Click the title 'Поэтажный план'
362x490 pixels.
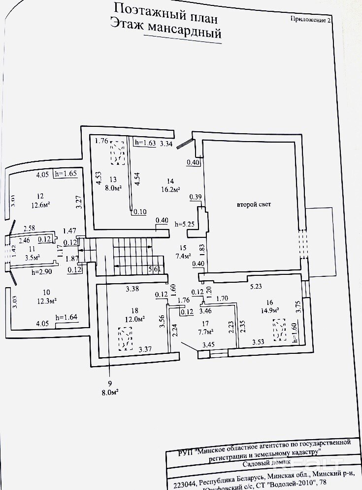click(165, 8)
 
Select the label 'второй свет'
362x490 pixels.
click(254, 204)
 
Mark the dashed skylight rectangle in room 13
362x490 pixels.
click(117, 152)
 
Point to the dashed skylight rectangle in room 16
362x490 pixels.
click(279, 330)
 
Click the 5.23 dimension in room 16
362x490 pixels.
click(256, 285)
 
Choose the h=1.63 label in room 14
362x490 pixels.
click(145, 143)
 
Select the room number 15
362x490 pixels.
click(183, 248)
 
